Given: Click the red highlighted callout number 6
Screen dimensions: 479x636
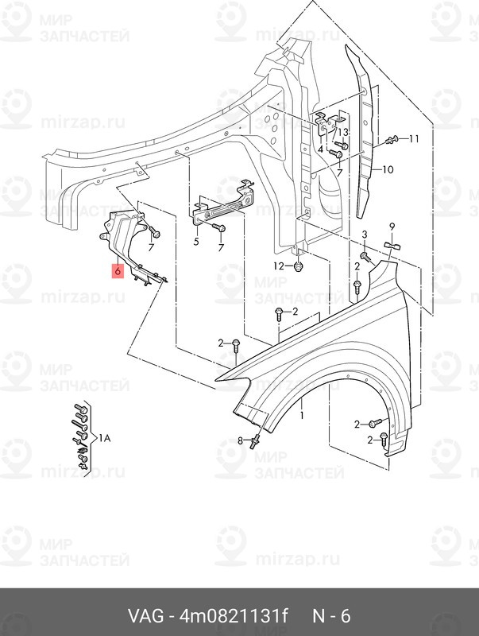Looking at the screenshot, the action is pos(118,270).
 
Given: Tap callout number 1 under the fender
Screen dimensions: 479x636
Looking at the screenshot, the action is pos(302,415).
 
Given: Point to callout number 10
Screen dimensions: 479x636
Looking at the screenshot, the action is pos(388,169).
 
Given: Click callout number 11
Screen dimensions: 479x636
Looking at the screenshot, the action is pos(414,139).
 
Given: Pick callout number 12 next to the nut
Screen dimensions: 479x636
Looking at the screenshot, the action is pos(279,266).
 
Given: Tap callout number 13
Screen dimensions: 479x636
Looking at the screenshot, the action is pos(343,132).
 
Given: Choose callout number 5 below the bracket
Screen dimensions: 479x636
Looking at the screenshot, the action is pos(196,242).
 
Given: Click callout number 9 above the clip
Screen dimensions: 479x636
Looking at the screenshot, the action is pos(392,227).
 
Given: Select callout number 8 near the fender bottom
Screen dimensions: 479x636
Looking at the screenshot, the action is pos(240,440).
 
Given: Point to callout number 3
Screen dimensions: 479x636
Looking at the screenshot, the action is pos(365,234).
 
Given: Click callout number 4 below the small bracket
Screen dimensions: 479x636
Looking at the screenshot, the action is pos(321,149).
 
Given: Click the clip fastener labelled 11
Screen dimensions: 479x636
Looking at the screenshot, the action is pos(391,141).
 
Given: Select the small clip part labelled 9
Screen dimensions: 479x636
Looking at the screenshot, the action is pos(392,245).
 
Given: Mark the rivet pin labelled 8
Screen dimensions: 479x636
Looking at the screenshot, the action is pos(255,441).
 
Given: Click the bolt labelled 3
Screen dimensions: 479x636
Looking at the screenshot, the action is pos(365,256).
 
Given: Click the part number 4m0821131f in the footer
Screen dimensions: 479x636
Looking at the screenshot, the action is pos(234,616).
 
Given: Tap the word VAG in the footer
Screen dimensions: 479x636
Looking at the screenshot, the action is pos(146,616).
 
